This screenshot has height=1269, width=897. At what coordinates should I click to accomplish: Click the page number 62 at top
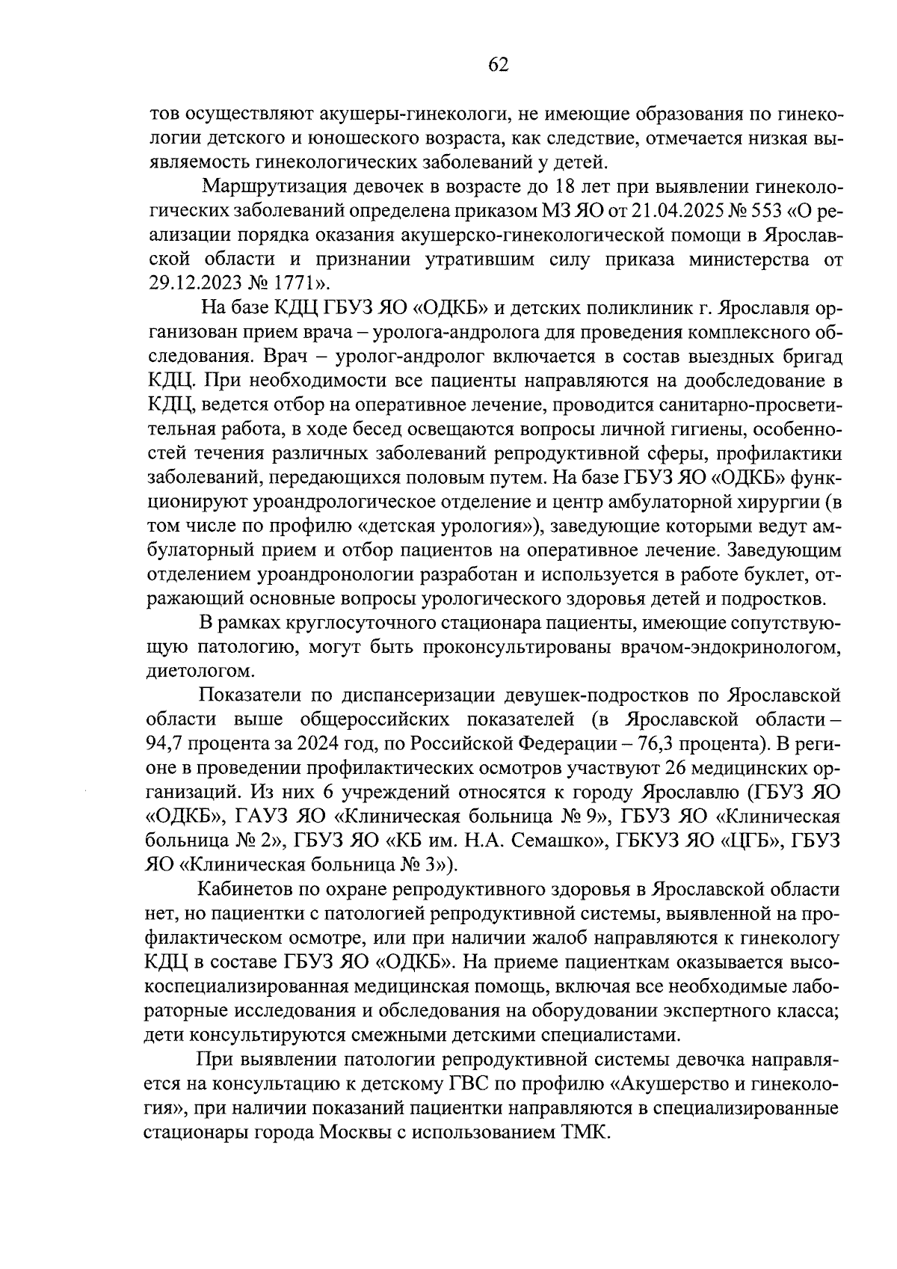(498, 65)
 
